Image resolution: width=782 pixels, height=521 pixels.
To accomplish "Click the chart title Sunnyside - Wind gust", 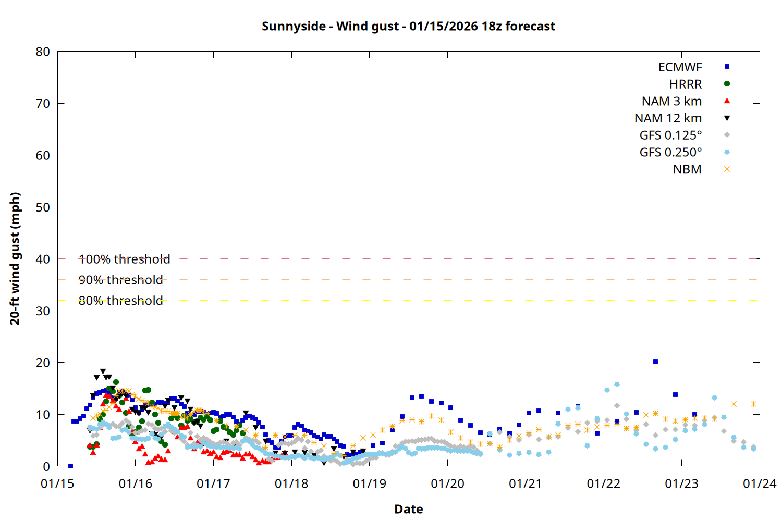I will pyautogui.click(x=408, y=26).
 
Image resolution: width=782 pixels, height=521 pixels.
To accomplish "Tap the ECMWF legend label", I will pyautogui.click(x=680, y=67).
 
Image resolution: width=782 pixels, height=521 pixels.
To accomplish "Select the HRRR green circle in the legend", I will pyautogui.click(x=727, y=83).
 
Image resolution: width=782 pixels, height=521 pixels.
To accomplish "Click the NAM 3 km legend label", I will pyautogui.click(x=671, y=101).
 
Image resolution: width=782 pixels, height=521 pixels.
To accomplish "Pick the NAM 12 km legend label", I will pyautogui.click(x=668, y=118).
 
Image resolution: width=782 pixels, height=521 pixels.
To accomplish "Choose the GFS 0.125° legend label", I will pyautogui.click(x=670, y=135).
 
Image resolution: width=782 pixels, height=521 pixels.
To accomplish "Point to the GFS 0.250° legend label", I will pyautogui.click(x=670, y=153).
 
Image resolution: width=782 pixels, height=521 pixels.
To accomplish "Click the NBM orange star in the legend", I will pyautogui.click(x=727, y=169).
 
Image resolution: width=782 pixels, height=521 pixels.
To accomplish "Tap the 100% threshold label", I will pyautogui.click(x=124, y=259).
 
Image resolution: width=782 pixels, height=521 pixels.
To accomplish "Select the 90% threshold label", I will pyautogui.click(x=120, y=280).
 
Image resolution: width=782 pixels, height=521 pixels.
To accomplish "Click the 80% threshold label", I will pyautogui.click(x=120, y=301).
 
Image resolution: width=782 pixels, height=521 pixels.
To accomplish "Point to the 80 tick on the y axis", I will pyautogui.click(x=43, y=52).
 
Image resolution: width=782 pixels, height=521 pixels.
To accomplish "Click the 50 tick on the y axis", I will pyautogui.click(x=43, y=207).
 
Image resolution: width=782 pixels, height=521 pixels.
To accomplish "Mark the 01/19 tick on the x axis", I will pyautogui.click(x=370, y=483).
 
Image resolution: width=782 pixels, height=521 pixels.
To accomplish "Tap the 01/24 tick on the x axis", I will pyautogui.click(x=760, y=483).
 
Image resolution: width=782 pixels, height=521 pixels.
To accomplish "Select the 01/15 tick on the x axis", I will pyautogui.click(x=57, y=483).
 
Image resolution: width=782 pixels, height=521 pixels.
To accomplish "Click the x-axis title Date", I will pyautogui.click(x=408, y=509).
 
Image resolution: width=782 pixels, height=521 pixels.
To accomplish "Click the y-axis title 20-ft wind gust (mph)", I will pyautogui.click(x=15, y=258).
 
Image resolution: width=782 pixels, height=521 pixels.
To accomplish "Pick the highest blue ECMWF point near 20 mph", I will pyautogui.click(x=655, y=362).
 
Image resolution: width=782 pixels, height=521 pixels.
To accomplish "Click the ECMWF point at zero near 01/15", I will pyautogui.click(x=70, y=466).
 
